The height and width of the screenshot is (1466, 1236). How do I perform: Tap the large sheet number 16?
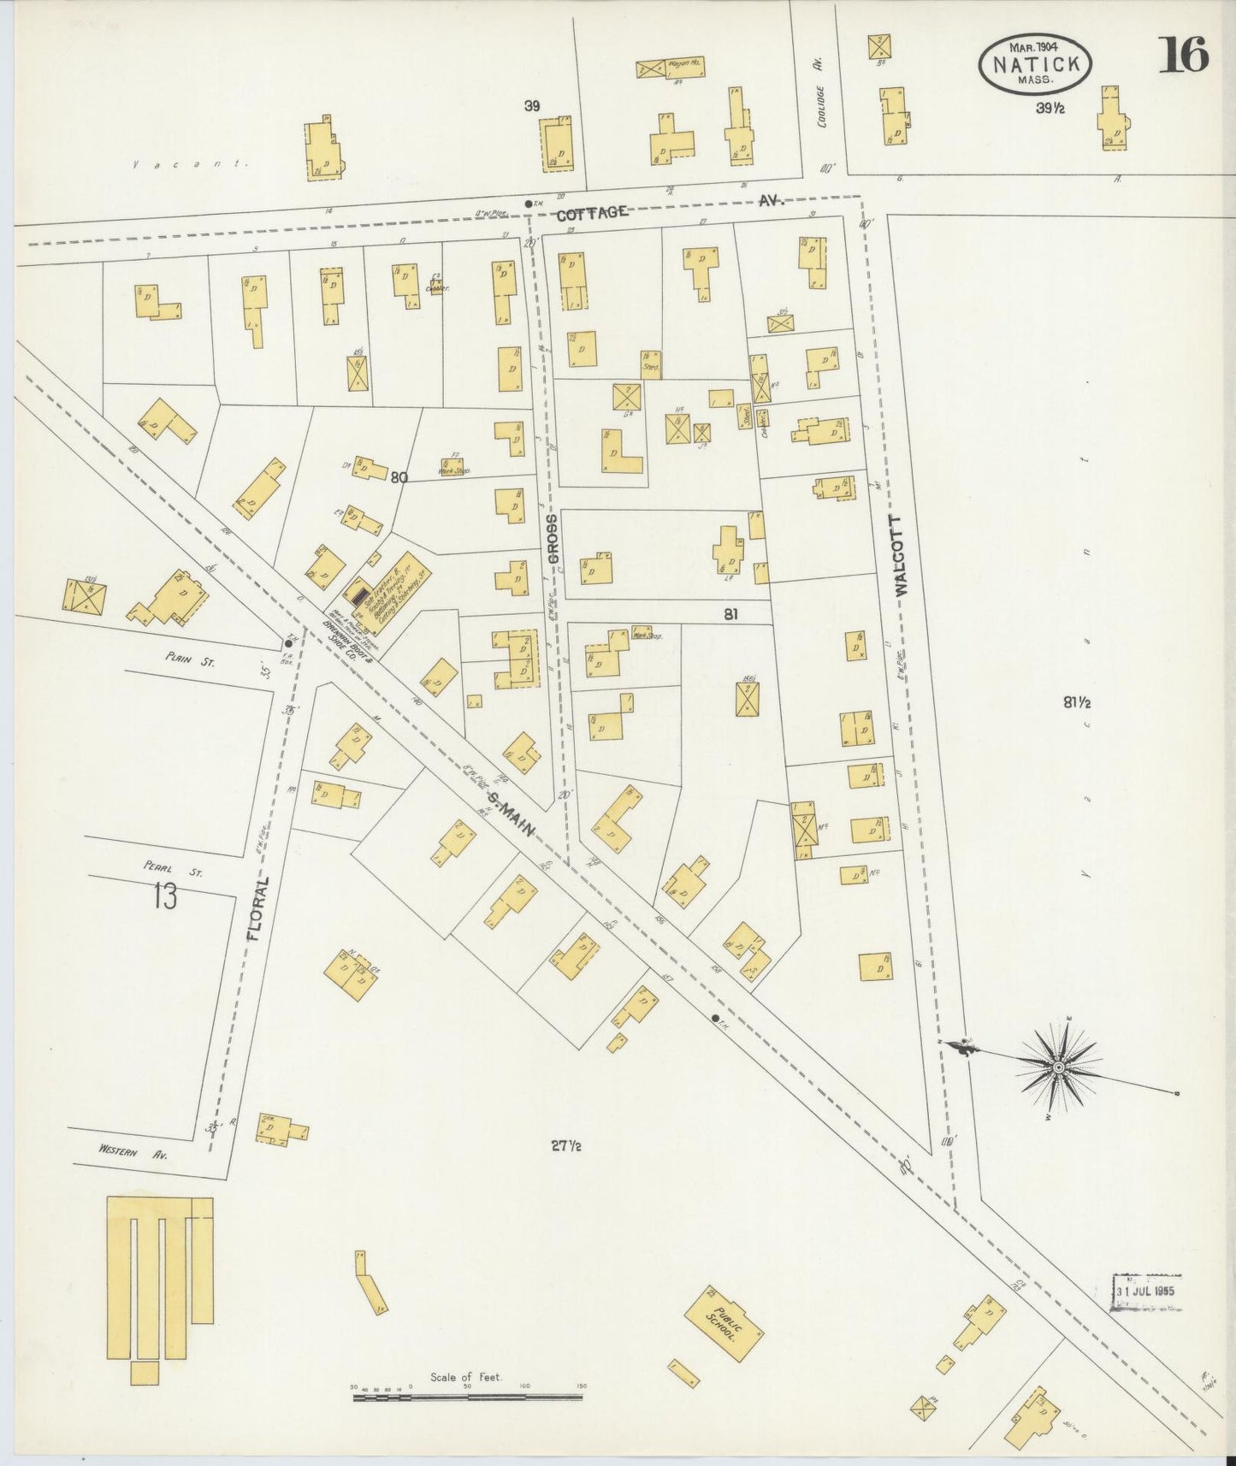pos(1183,56)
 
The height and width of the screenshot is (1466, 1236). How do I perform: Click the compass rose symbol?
pos(1059,1067)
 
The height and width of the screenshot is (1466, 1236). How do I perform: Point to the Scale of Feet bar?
pos(468,1397)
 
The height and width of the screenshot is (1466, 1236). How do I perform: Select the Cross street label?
pos(553,539)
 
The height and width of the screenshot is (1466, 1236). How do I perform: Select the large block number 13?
pos(165,897)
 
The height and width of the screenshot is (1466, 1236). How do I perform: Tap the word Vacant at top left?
pos(190,163)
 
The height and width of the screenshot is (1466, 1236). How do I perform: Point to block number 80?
pos(399,478)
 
